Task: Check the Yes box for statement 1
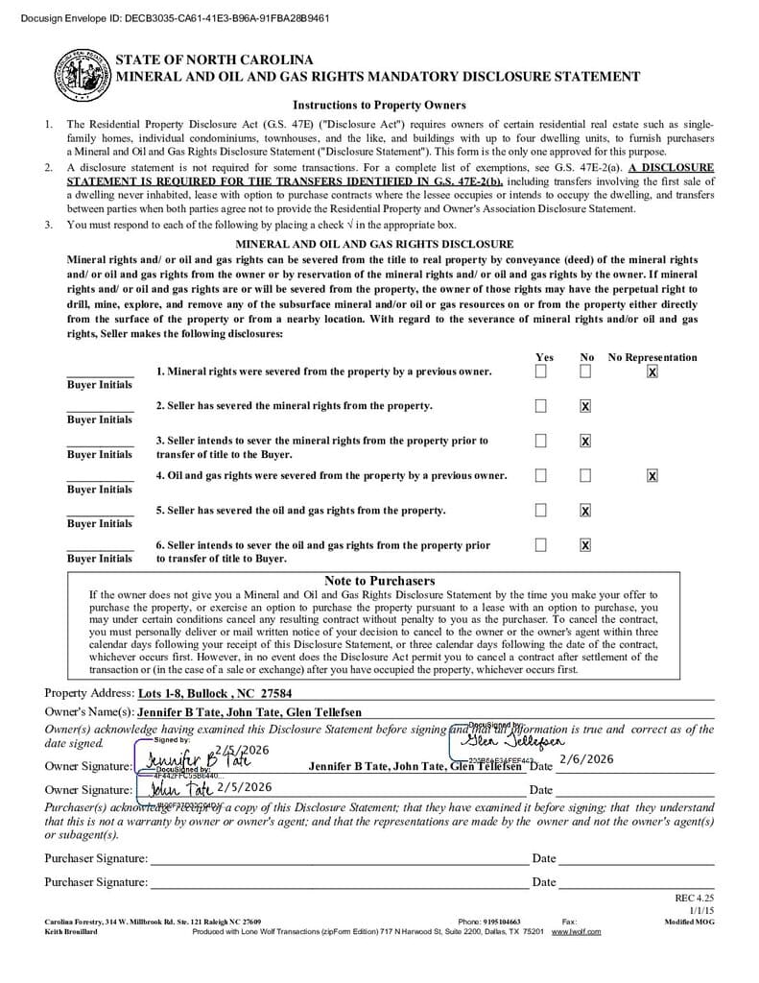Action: click(x=541, y=372)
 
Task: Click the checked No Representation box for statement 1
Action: click(x=652, y=372)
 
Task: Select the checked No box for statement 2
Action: click(x=585, y=406)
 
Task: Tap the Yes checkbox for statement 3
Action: click(x=541, y=441)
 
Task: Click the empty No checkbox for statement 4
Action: click(x=585, y=475)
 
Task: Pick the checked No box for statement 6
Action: click(x=585, y=545)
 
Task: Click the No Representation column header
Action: click(x=652, y=357)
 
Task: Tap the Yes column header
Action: click(x=543, y=357)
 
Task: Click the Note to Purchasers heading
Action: click(x=379, y=581)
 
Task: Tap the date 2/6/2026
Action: click(x=585, y=759)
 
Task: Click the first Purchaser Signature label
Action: click(x=96, y=858)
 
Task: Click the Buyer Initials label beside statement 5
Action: click(x=100, y=524)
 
